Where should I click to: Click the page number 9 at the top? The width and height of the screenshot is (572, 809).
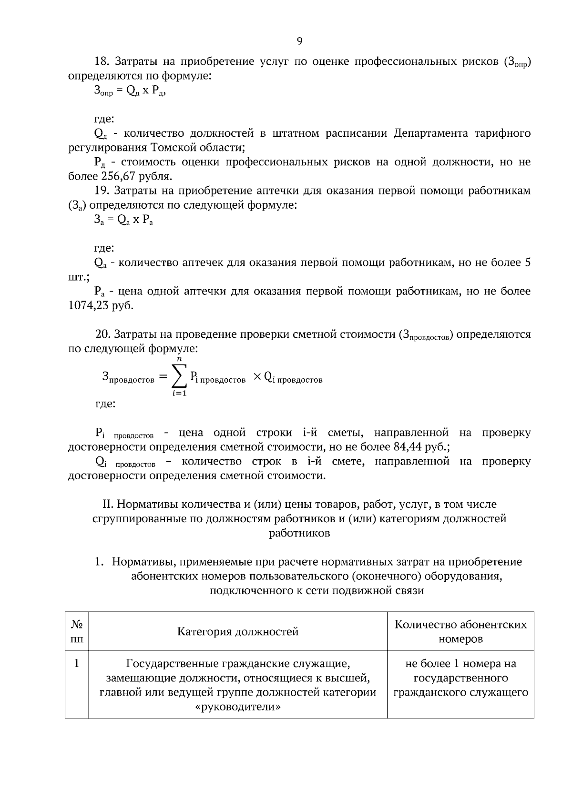[x=299, y=41]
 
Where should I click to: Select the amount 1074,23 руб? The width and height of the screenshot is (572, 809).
[x=101, y=305]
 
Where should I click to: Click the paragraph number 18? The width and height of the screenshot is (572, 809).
[x=102, y=61]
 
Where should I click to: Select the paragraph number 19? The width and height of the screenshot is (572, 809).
[x=102, y=191]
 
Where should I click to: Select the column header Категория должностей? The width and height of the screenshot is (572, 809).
[x=238, y=632]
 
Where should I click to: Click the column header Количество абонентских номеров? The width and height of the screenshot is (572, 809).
[x=460, y=632]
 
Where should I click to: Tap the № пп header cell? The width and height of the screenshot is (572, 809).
[x=77, y=632]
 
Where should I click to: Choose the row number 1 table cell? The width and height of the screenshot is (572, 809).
[x=77, y=664]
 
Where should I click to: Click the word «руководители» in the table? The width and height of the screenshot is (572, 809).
[x=238, y=708]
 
